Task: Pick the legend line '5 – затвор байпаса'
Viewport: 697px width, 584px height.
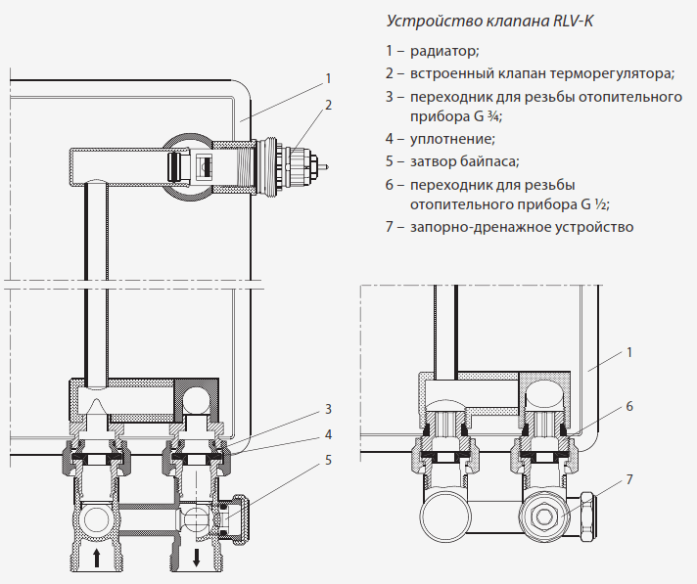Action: (451, 161)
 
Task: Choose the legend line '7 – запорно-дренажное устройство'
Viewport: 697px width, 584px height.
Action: (509, 227)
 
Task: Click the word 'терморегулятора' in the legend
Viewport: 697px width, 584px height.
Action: (611, 73)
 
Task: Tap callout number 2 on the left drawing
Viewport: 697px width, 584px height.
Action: (329, 104)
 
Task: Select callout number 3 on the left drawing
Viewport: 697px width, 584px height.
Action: (329, 408)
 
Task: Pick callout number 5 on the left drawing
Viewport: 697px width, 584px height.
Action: (329, 458)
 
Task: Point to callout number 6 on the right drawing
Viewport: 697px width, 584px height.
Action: (630, 404)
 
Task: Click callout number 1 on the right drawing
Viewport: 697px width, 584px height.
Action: (630, 351)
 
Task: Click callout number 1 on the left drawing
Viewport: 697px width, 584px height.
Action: (329, 78)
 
